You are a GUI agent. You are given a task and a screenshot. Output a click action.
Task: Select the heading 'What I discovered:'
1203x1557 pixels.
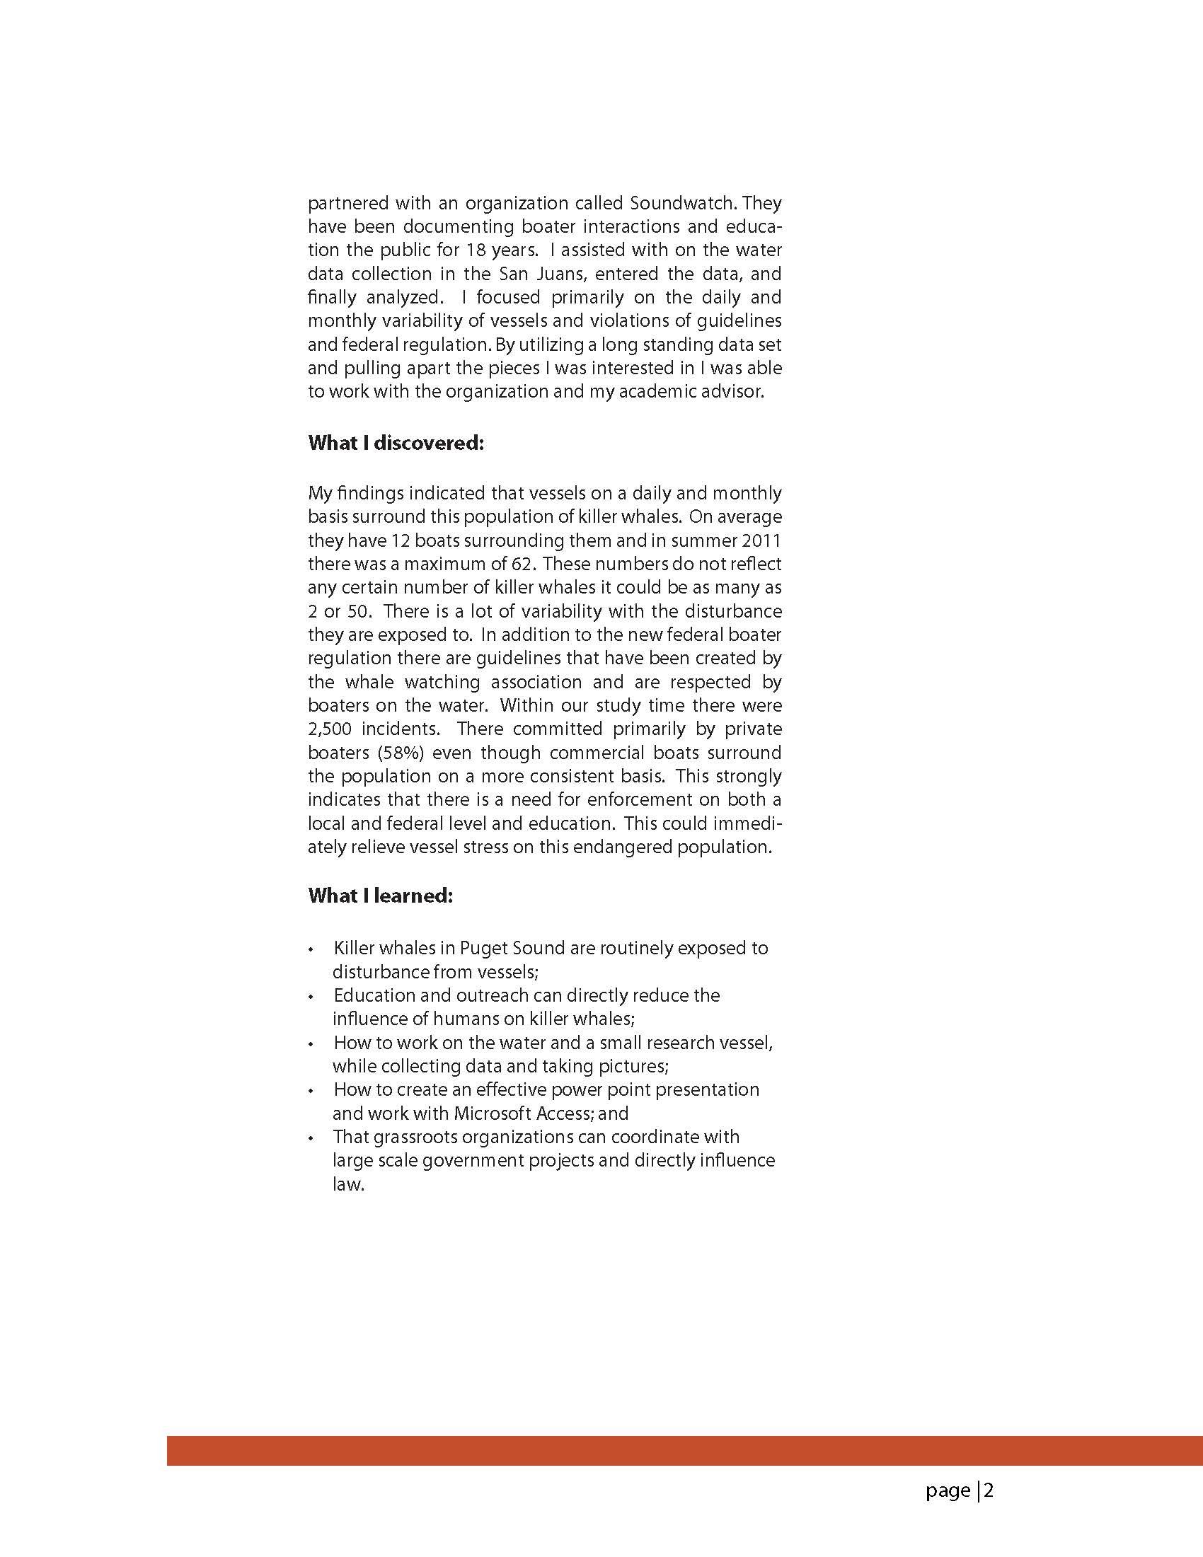(x=396, y=443)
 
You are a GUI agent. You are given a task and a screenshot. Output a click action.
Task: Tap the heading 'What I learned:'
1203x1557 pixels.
(x=380, y=896)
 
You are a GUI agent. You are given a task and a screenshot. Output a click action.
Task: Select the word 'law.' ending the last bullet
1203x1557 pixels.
(x=349, y=1184)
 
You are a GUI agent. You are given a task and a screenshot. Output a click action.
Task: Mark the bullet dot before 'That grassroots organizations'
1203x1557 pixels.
(x=311, y=1138)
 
